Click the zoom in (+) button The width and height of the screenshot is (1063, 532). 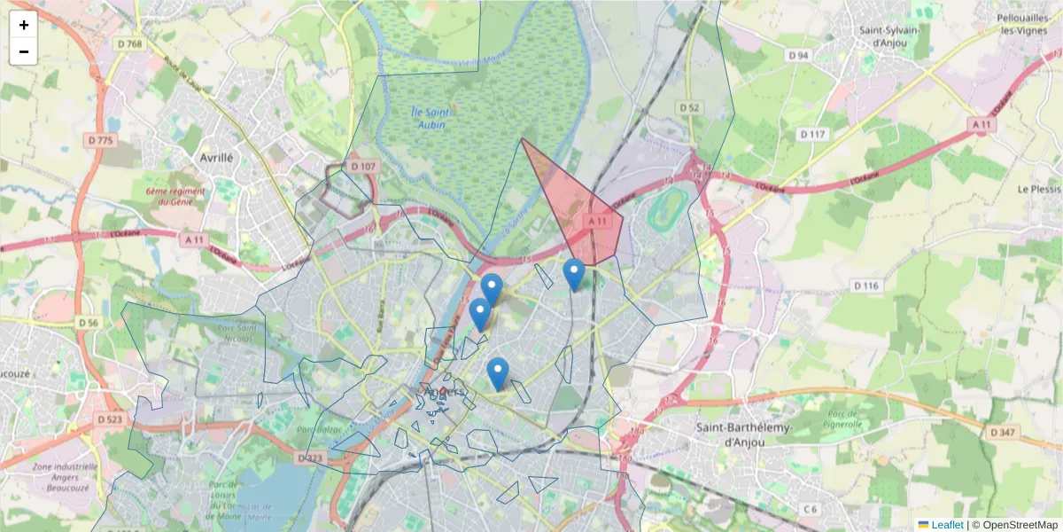[24, 25]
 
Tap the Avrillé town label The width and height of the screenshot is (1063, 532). [216, 157]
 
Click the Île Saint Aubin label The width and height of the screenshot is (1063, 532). [431, 118]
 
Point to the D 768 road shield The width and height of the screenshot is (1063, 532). [128, 44]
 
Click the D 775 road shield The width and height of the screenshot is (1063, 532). [102, 140]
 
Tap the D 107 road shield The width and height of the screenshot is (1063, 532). [363, 166]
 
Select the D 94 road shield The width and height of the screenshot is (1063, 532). [798, 55]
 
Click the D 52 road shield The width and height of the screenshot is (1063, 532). [689, 107]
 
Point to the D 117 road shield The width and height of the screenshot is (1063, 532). [811, 134]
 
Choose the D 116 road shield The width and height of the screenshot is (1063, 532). [865, 286]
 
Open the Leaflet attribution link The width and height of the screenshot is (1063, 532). [946, 525]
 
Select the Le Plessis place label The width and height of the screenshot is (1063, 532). [1039, 189]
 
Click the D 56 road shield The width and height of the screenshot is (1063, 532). [88, 323]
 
